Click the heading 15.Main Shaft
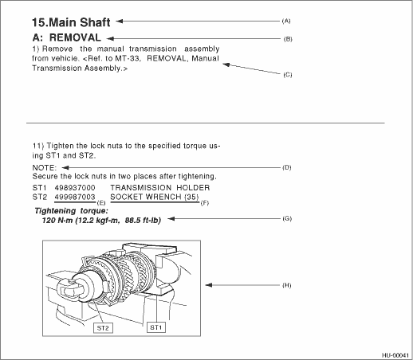71,22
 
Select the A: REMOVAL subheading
67,37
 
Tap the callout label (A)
286,21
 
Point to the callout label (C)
288,75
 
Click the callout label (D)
287,167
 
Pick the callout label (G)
287,218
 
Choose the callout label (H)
287,285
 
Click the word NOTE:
45,168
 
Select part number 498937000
75,188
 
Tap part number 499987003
75,197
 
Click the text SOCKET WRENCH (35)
155,197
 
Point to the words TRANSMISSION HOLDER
160,188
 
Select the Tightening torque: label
72,211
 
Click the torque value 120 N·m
57,221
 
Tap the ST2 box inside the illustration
103,328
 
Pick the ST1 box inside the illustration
156,327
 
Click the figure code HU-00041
395,355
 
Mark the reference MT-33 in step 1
128,58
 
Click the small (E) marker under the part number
101,203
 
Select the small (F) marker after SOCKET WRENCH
205,203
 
